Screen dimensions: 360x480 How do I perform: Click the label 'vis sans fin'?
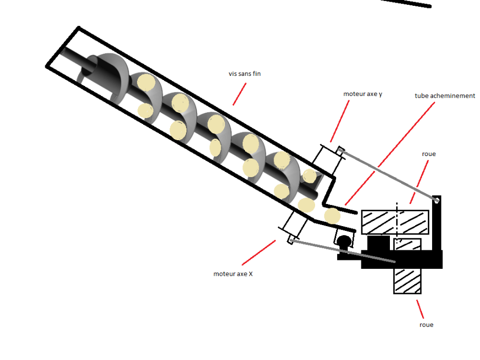(244, 74)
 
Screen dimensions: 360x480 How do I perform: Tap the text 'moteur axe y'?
(363, 93)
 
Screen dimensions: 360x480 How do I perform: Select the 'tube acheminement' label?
(445, 96)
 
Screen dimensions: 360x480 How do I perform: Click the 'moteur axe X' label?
(233, 274)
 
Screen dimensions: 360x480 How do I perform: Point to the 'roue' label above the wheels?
(429, 154)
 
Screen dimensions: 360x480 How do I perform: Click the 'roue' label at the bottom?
(426, 325)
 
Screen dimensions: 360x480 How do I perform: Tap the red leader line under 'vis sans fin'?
(239, 93)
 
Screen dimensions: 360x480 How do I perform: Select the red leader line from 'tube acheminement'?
(390, 153)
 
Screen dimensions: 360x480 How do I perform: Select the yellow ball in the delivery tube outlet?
(332, 215)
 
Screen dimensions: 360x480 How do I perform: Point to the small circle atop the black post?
(436, 200)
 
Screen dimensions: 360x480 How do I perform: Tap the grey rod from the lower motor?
(342, 251)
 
